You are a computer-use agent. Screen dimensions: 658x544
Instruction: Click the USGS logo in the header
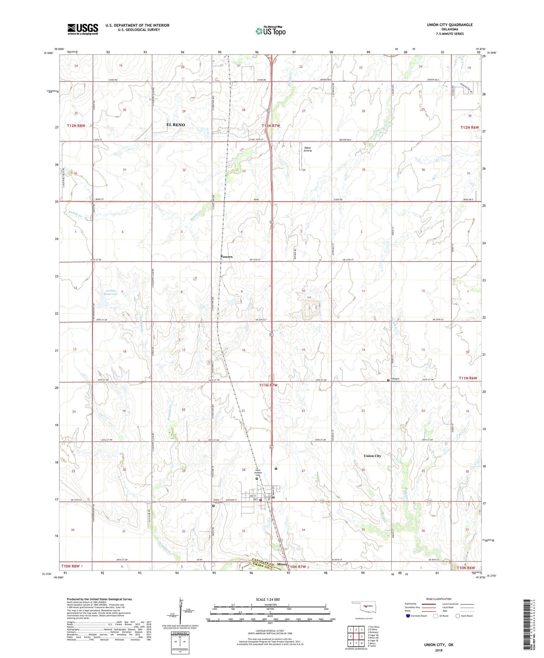[83, 29]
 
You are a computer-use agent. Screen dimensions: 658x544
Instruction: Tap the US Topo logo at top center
[271, 31]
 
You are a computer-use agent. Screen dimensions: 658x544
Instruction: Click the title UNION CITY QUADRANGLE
[450, 25]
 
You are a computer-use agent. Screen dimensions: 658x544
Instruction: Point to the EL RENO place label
[176, 125]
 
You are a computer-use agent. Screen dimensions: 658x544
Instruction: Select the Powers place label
[227, 257]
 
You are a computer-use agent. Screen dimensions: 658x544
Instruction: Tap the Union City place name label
[372, 456]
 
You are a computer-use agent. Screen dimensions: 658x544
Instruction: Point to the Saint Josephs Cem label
[257, 473]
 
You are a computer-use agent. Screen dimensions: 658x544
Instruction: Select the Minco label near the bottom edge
[282, 564]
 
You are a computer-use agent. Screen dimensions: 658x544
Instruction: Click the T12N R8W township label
[76, 126]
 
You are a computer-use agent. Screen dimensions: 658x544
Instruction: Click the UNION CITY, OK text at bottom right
[438, 645]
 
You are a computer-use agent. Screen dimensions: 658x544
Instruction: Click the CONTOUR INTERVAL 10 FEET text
[270, 632]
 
